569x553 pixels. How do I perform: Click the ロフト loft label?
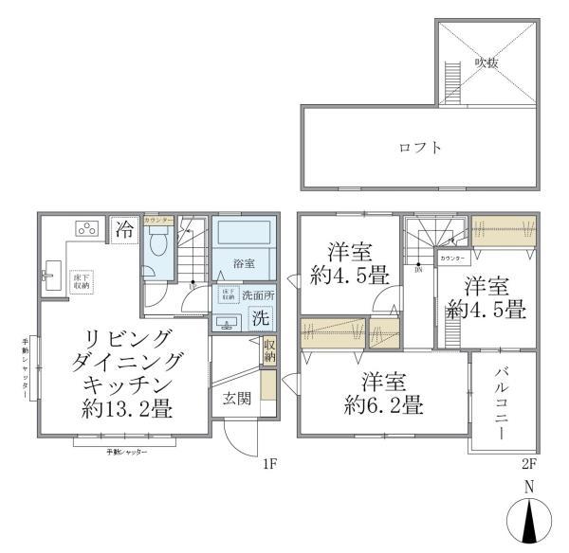coord(420,148)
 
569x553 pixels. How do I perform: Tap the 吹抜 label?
coord(486,62)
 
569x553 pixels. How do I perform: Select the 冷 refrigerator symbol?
coord(124,229)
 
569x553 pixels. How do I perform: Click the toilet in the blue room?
coord(159,247)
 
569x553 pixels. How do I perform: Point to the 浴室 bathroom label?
coord(244,263)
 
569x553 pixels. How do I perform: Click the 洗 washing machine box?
coord(260,319)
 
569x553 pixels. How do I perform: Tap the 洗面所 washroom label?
coord(257,294)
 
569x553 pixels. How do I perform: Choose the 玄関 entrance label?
coord(237,398)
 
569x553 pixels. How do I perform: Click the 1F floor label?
coord(269,465)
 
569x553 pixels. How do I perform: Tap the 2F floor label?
coord(529,465)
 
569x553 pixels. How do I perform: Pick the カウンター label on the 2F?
coord(451,258)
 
